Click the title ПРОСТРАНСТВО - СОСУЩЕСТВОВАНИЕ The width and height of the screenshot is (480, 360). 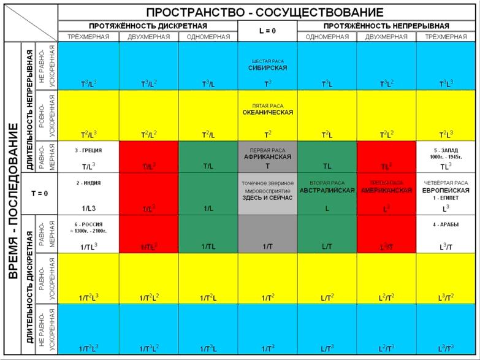point(265,12)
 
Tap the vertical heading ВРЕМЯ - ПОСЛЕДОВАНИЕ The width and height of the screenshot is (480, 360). point(12,200)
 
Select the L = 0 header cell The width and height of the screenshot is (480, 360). point(267,31)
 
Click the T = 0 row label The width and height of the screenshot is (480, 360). point(39,193)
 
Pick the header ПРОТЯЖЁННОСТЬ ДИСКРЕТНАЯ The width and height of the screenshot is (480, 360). point(148,26)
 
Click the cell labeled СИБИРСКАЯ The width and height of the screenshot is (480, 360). point(267,68)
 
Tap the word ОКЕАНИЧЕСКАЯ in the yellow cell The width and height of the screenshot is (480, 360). point(267,113)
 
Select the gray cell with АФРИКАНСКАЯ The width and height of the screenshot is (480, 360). point(267,157)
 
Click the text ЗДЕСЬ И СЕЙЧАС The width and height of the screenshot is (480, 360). point(267,197)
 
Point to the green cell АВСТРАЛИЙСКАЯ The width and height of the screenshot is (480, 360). point(327,191)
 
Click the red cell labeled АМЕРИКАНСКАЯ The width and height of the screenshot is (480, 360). point(386,191)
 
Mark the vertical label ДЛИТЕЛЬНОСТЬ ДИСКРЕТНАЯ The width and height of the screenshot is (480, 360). point(28,285)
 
